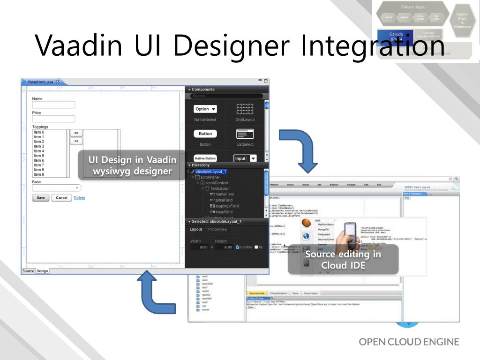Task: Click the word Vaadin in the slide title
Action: pyautogui.click(x=79, y=45)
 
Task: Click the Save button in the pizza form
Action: pyautogui.click(x=41, y=198)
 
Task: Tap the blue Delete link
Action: pyautogui.click(x=79, y=198)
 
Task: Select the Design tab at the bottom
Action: pyautogui.click(x=42, y=271)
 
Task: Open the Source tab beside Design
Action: pyautogui.click(x=28, y=271)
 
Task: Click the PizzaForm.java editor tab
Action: pyautogui.click(x=41, y=82)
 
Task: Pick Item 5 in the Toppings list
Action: pyautogui.click(x=39, y=156)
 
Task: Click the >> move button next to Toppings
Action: pyautogui.click(x=76, y=133)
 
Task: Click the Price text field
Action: pyautogui.click(x=53, y=119)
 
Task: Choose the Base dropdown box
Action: pyautogui.click(x=56, y=188)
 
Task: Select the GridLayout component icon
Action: pyautogui.click(x=245, y=110)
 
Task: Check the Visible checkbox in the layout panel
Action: pyautogui.click(x=238, y=247)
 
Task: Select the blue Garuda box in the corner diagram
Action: pyautogui.click(x=395, y=37)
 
